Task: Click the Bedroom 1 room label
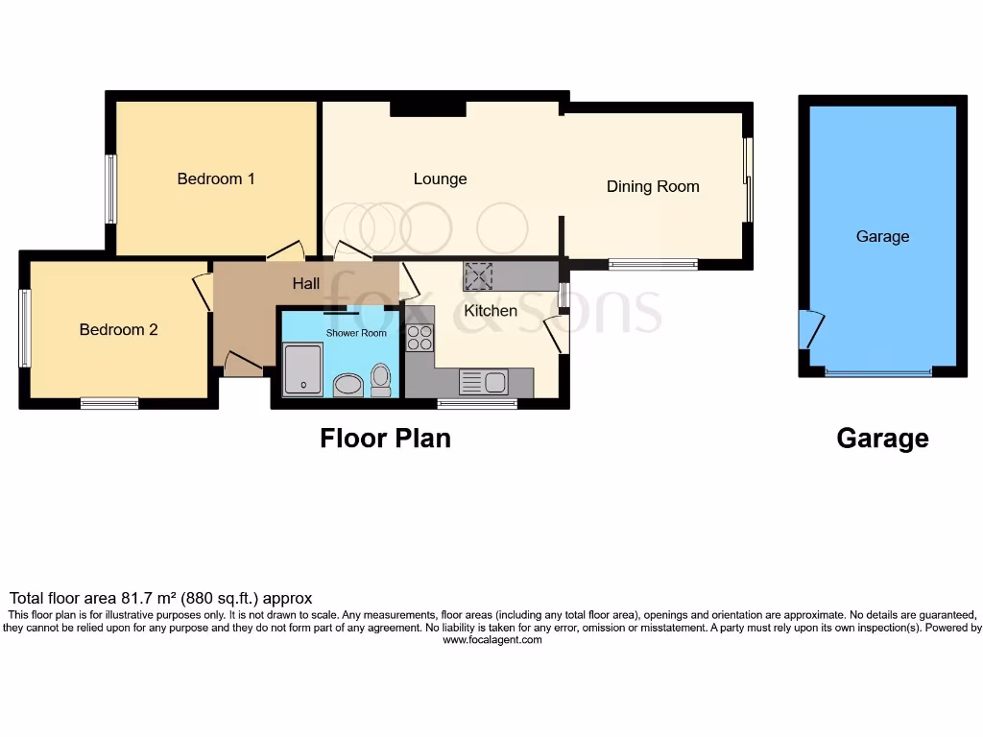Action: [x=216, y=178]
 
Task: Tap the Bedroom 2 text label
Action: [x=118, y=329]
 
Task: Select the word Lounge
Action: [x=440, y=178]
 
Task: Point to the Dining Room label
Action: [x=653, y=186]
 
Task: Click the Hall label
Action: [x=306, y=283]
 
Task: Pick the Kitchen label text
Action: [x=491, y=311]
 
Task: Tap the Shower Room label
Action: [x=356, y=333]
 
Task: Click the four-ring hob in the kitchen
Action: [x=420, y=338]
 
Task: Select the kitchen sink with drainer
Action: [x=483, y=382]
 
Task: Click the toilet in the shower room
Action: [x=380, y=380]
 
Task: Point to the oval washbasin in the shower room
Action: [x=347, y=385]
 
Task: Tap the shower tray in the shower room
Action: [x=304, y=369]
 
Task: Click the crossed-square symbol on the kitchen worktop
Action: [x=477, y=276]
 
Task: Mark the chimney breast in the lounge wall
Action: [x=427, y=109]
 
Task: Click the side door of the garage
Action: [x=810, y=329]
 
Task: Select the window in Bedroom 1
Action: [x=111, y=189]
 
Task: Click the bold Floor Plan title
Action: [x=385, y=439]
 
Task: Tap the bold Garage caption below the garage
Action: [x=882, y=439]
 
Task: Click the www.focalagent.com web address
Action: [x=491, y=640]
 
